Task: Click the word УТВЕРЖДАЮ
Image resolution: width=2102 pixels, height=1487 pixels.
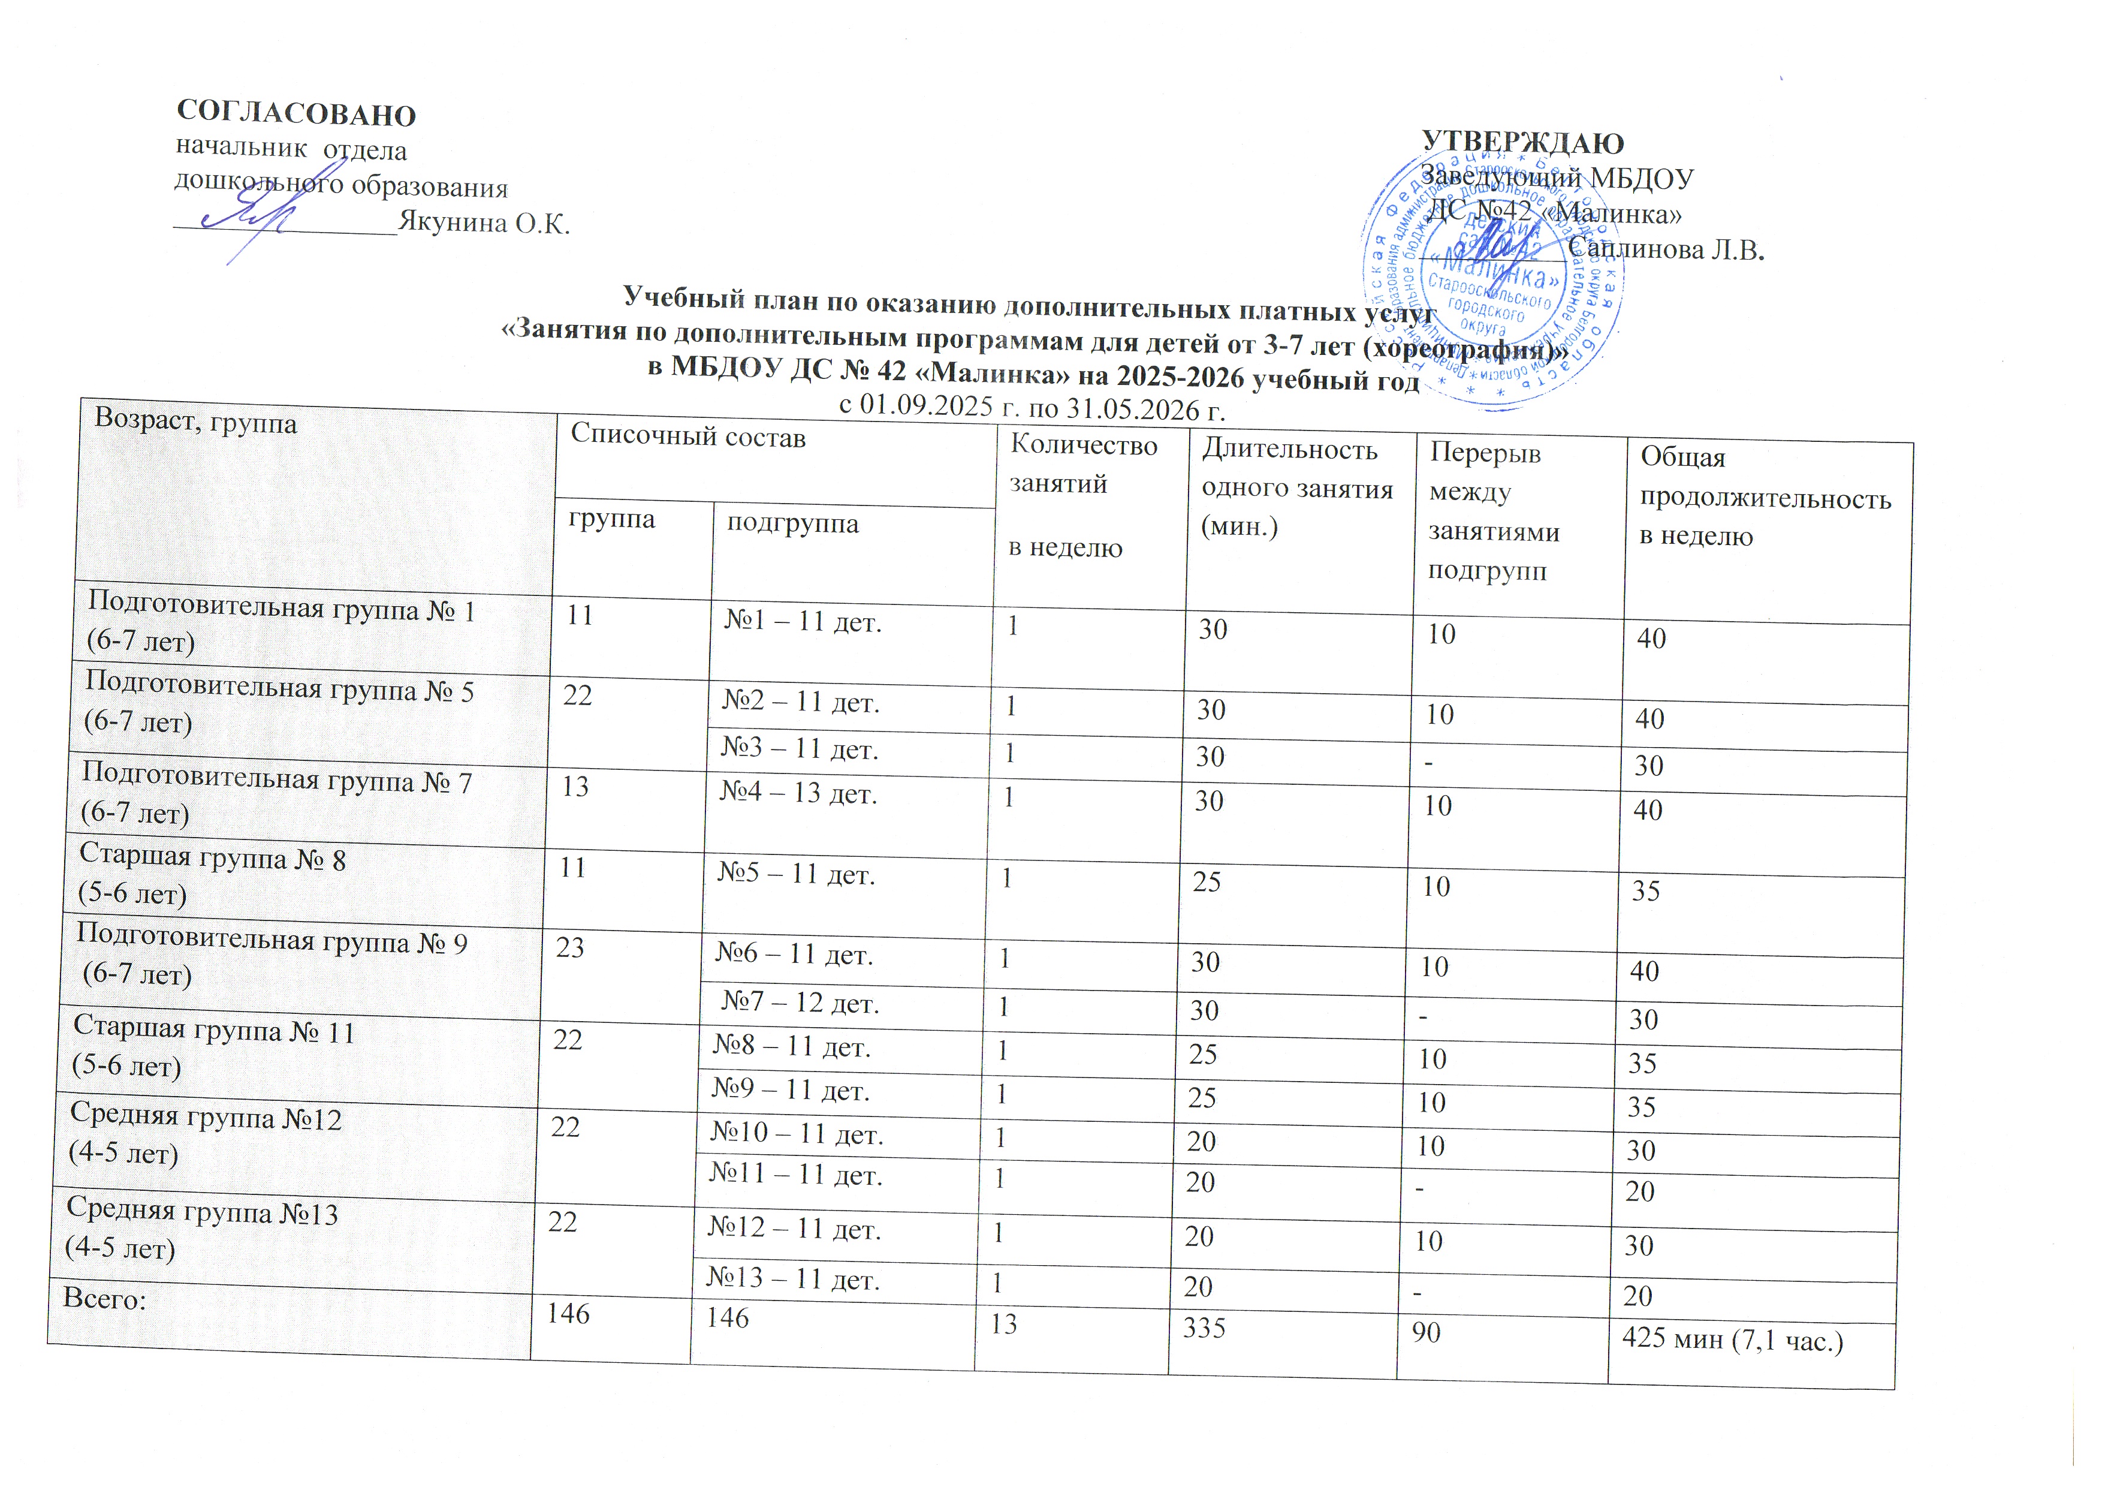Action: tap(1522, 143)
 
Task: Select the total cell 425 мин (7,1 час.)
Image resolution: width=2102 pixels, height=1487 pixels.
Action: tap(1731, 1342)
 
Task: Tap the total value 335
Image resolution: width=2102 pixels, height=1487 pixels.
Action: tap(1204, 1328)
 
